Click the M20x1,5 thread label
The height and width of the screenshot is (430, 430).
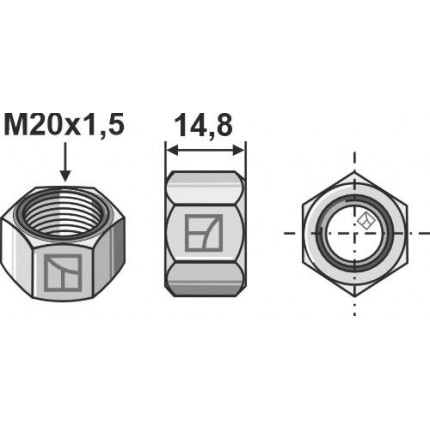tap(65, 127)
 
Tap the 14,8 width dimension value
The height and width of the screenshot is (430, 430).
tap(205, 127)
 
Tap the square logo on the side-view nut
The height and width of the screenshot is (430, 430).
tap(205, 232)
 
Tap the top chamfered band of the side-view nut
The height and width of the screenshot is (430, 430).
tap(205, 185)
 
